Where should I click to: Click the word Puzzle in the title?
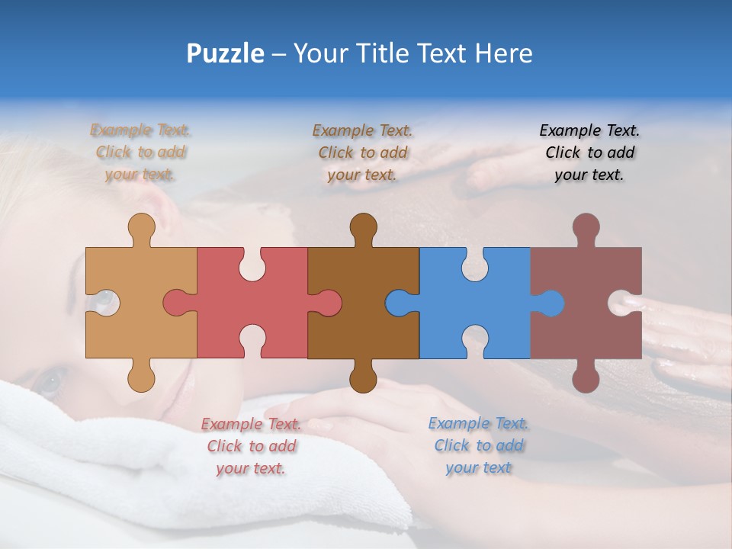(x=226, y=53)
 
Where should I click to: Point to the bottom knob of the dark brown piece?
(x=363, y=377)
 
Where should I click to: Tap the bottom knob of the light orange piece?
(x=141, y=377)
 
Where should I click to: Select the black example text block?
(x=589, y=152)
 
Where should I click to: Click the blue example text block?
(x=478, y=445)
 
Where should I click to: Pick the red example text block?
(x=251, y=445)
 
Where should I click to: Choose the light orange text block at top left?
(x=140, y=152)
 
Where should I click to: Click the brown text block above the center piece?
(x=362, y=152)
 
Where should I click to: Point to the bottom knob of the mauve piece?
(x=586, y=377)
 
